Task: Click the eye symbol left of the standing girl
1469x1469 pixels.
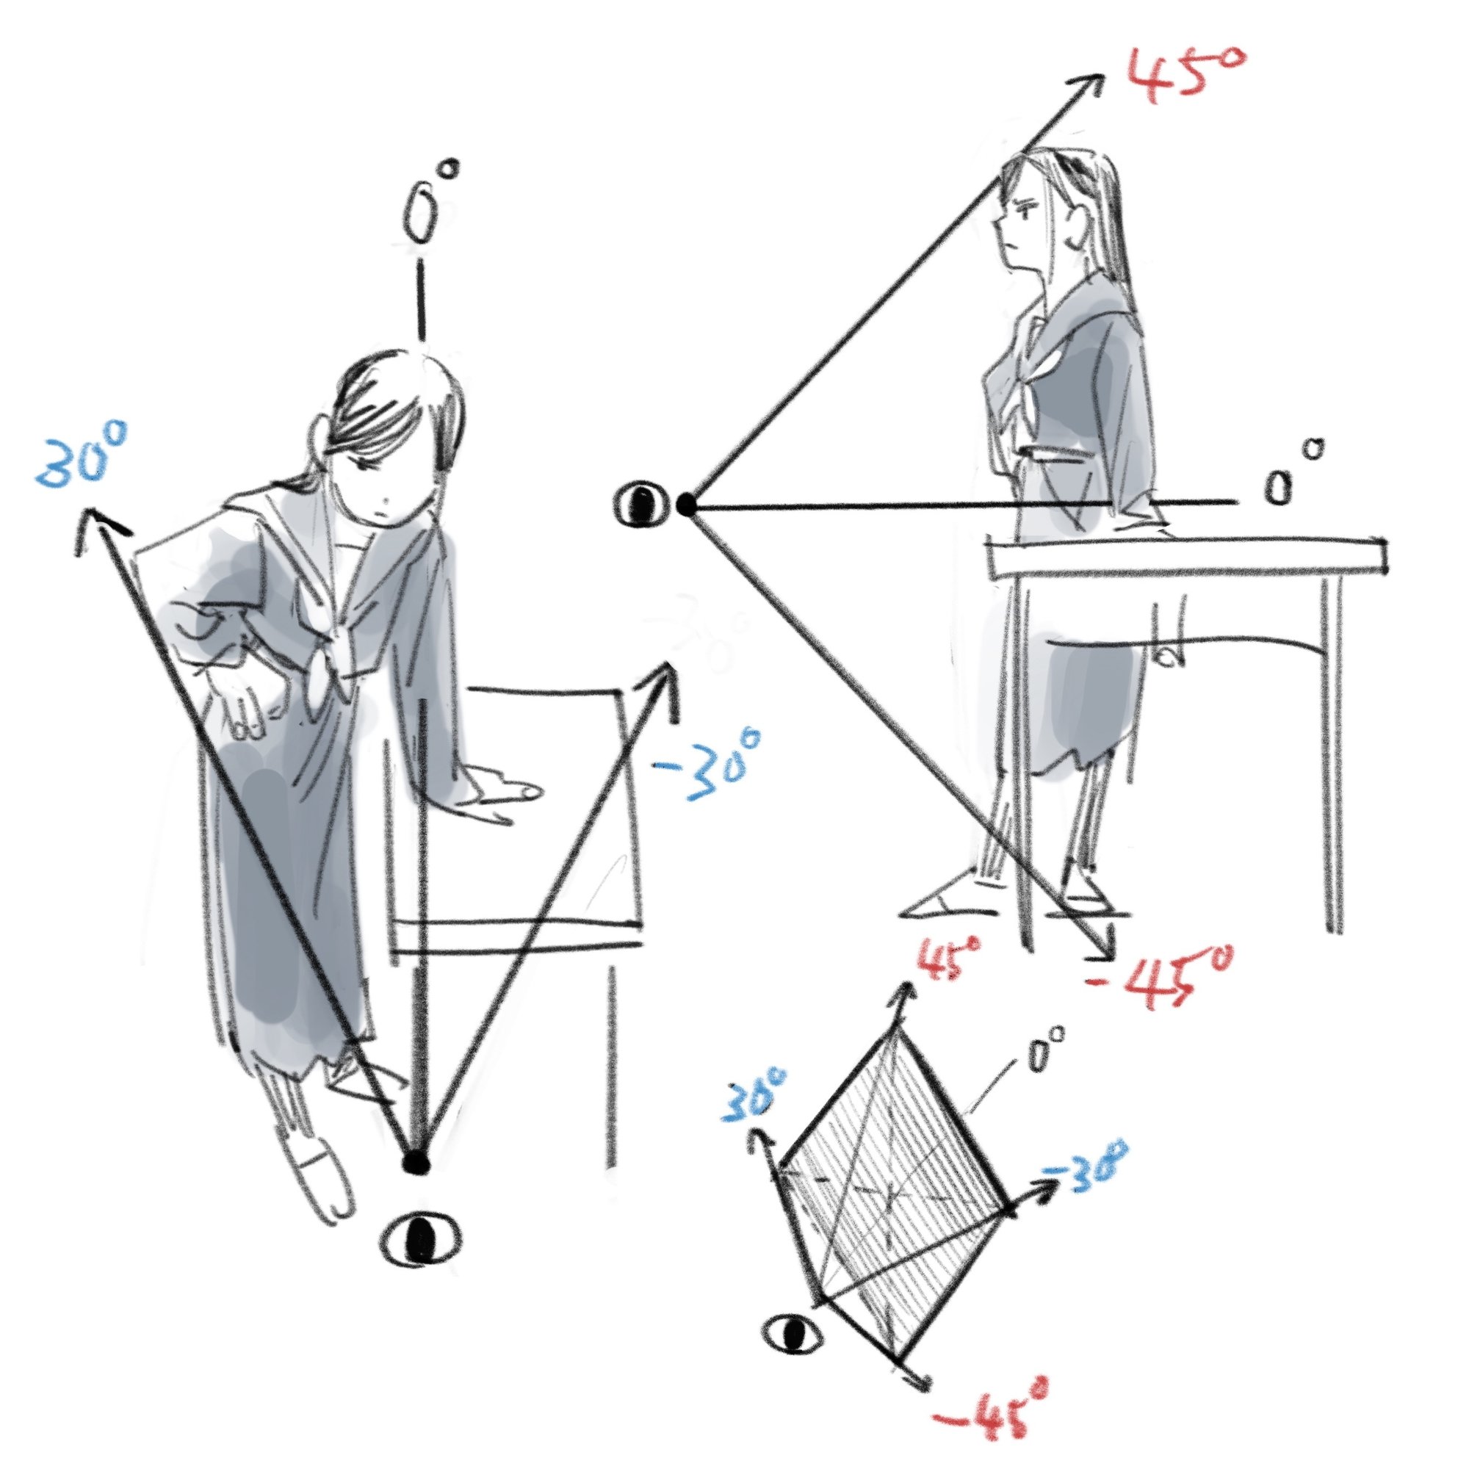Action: point(643,505)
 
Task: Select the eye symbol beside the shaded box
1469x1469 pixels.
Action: point(793,1352)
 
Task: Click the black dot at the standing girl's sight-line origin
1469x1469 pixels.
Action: point(687,502)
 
